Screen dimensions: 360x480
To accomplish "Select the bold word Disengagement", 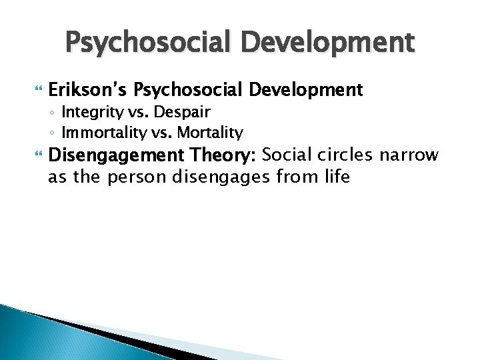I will pyautogui.click(x=111, y=156).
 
